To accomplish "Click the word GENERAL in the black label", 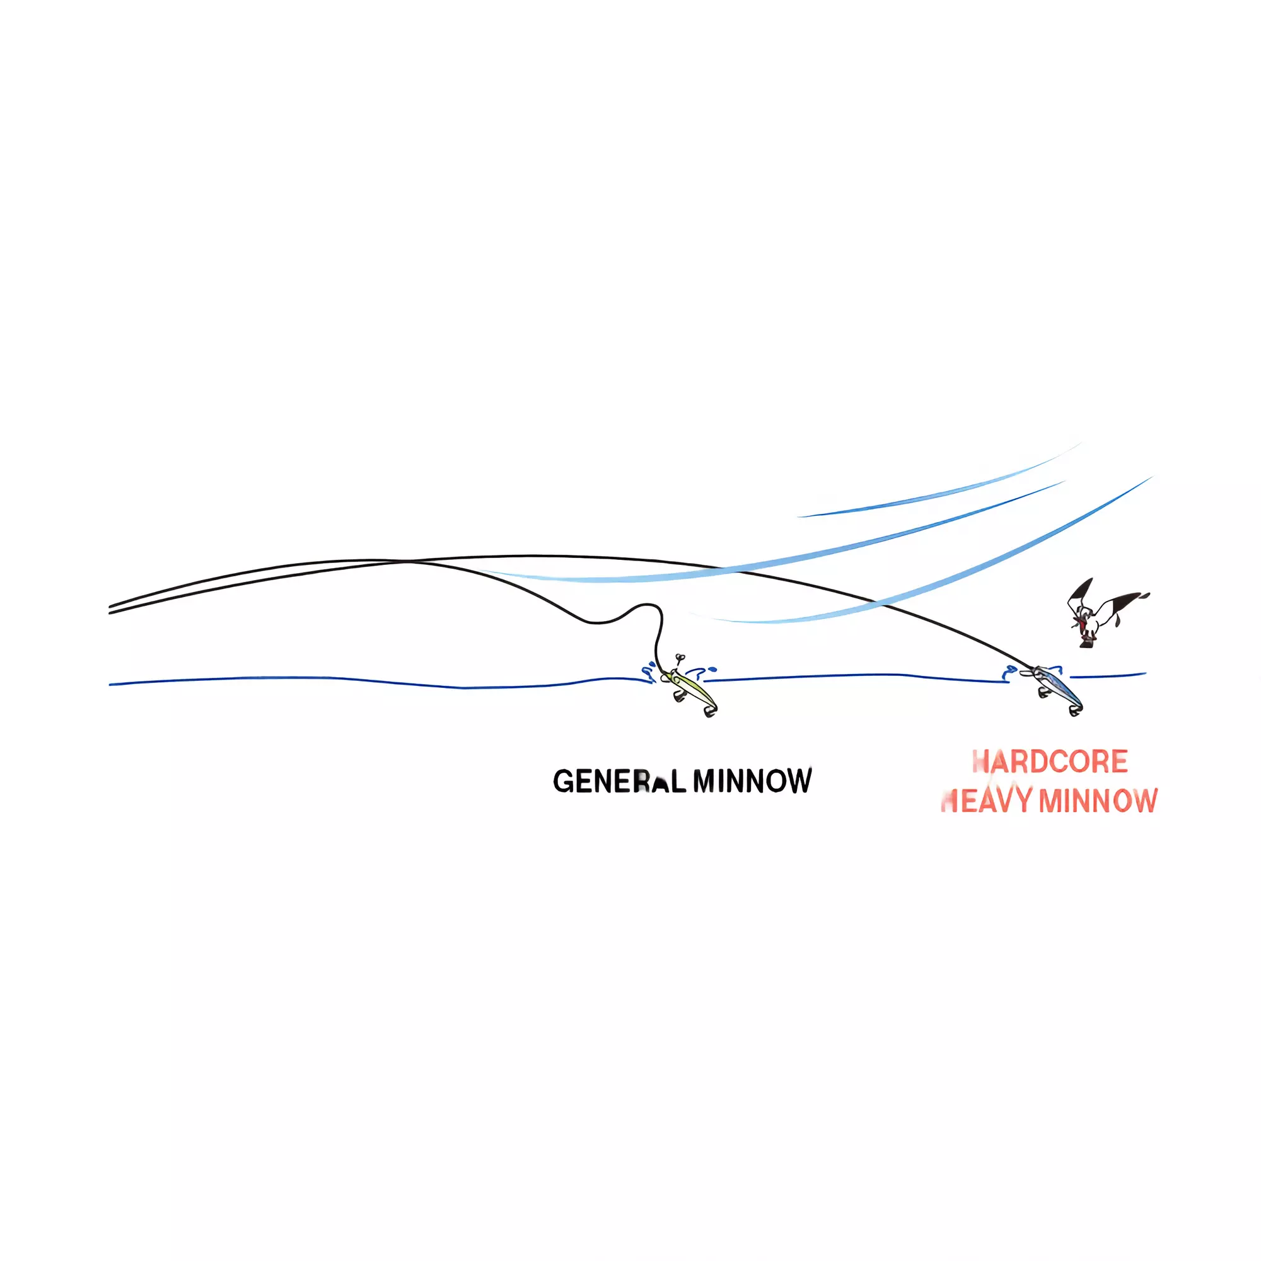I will (x=619, y=781).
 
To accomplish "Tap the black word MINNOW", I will (x=752, y=781).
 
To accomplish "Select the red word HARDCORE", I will (x=1050, y=762).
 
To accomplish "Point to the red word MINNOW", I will (x=1098, y=801).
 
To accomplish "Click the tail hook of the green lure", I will (x=710, y=712).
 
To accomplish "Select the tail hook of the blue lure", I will (x=1075, y=710).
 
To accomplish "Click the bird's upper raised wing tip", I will (x=1091, y=579).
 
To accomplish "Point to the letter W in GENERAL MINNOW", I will (x=801, y=781).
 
